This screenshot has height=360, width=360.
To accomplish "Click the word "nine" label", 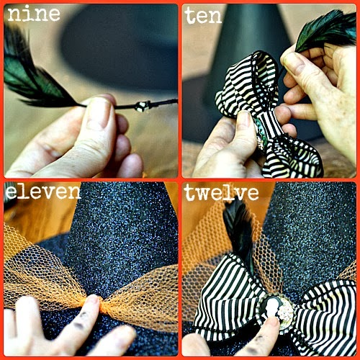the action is [34, 14].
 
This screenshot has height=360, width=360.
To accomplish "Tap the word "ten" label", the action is [203, 15].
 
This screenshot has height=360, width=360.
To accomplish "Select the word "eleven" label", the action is [42, 192].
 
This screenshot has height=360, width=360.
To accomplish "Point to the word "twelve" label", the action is [221, 193].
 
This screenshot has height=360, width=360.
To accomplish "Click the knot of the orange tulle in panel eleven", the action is [102, 305].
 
